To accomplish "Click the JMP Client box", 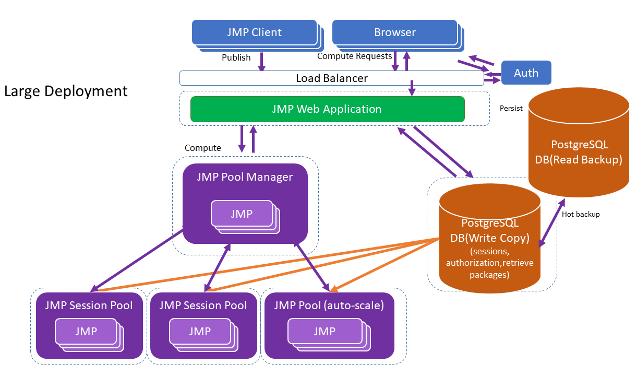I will pyautogui.click(x=254, y=32).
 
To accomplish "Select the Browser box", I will pyautogui.click(x=394, y=32).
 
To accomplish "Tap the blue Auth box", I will pyautogui.click(x=526, y=73).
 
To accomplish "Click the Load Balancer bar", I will pyautogui.click(x=331, y=78).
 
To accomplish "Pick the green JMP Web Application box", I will pyautogui.click(x=327, y=109).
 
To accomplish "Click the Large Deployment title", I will pyautogui.click(x=66, y=91).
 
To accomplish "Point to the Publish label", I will pyautogui.click(x=236, y=57).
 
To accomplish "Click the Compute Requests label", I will pyautogui.click(x=354, y=56).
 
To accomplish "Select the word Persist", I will pyautogui.click(x=511, y=109).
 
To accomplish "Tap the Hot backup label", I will pyautogui.click(x=581, y=214).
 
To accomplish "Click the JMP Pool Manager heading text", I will pyautogui.click(x=245, y=177).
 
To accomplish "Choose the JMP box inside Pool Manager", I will pyautogui.click(x=242, y=214).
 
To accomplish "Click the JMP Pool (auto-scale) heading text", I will pyautogui.click(x=329, y=305).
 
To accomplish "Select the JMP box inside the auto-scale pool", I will pyautogui.click(x=324, y=331).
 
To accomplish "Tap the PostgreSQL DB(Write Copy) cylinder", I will pyautogui.click(x=489, y=238).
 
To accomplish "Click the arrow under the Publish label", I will pyautogui.click(x=262, y=62).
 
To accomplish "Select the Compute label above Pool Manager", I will pyautogui.click(x=202, y=148).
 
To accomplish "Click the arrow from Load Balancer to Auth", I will pyautogui.click(x=492, y=81).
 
